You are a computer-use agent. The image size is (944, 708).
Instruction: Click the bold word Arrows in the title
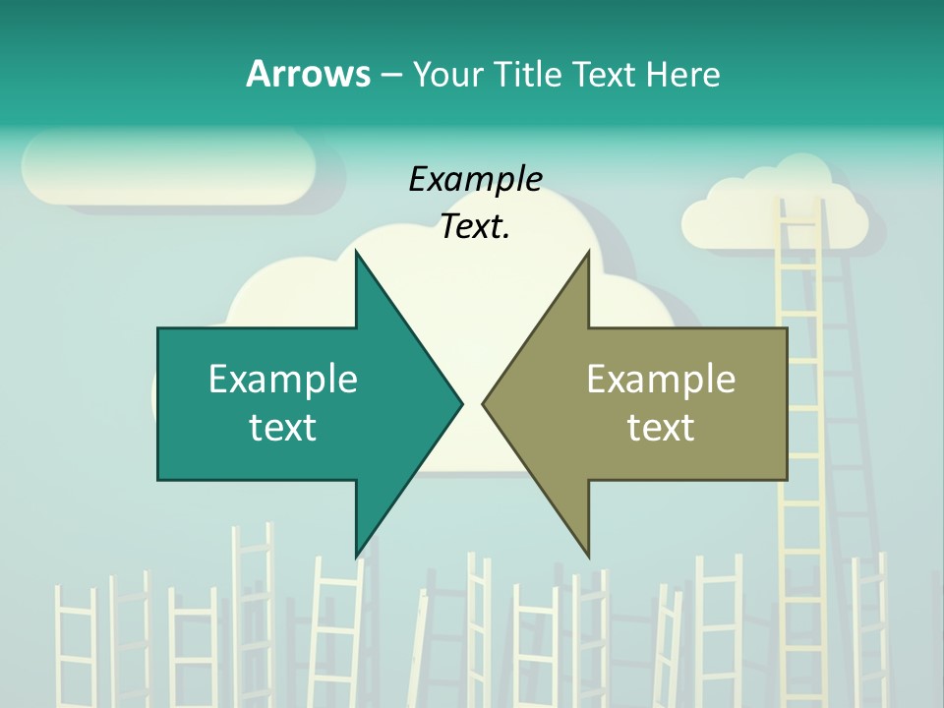tap(308, 74)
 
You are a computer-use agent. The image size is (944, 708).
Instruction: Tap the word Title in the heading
tap(527, 74)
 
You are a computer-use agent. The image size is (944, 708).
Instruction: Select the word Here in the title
tap(682, 74)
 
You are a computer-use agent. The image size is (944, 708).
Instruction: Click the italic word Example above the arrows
tap(475, 179)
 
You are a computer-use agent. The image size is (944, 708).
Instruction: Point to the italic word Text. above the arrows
tap(475, 227)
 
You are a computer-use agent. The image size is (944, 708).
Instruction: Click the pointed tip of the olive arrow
tap(485, 403)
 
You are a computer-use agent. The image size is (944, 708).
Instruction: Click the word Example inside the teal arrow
tap(283, 379)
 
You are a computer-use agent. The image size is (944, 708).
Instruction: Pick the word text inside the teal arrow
tap(283, 427)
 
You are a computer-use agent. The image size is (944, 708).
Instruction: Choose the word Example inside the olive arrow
tap(661, 379)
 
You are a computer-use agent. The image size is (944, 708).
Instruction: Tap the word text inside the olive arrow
tap(661, 427)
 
